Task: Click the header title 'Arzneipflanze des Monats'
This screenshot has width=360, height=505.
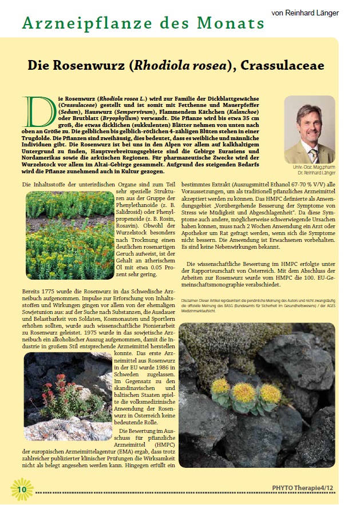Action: pos(143,23)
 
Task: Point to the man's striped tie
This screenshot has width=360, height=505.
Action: pos(312,155)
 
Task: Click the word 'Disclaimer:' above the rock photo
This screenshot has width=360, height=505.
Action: pos(191,299)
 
